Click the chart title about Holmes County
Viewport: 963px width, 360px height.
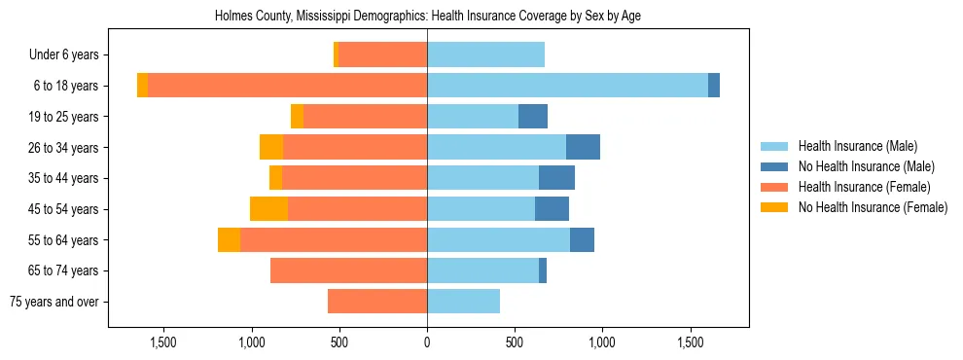pos(427,16)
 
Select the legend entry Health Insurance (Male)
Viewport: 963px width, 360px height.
pos(857,146)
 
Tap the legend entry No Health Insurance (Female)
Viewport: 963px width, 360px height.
pos(873,207)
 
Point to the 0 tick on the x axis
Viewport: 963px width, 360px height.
pos(427,342)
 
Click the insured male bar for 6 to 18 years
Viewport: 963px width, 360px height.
pos(567,86)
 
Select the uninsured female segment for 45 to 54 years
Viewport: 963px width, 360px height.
pos(268,209)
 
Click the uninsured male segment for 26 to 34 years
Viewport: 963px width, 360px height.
pos(583,147)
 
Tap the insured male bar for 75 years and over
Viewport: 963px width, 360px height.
pos(463,302)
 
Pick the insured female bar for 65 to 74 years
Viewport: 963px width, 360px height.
pos(348,270)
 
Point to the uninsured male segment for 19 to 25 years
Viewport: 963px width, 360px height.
pos(533,117)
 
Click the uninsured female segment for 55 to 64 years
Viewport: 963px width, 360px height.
pos(229,239)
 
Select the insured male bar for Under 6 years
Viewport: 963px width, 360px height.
pos(485,55)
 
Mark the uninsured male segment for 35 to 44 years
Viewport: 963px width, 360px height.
pos(556,178)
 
